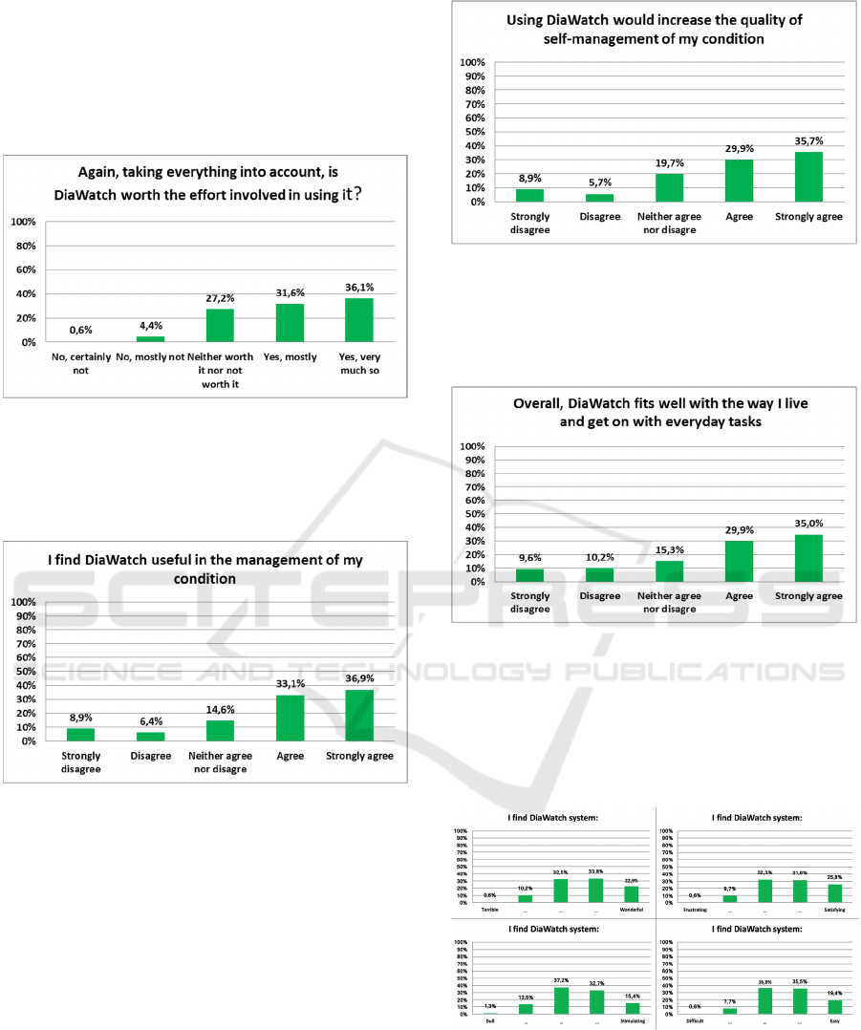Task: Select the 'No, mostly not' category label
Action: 149,357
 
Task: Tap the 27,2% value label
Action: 220,298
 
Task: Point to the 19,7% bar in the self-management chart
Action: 669,187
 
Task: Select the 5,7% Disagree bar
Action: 599,198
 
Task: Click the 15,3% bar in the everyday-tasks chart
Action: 669,571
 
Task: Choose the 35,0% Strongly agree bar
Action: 808,558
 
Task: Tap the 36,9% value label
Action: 360,677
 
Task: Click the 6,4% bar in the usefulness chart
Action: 151,737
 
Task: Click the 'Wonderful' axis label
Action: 631,910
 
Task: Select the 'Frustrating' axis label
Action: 695,910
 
